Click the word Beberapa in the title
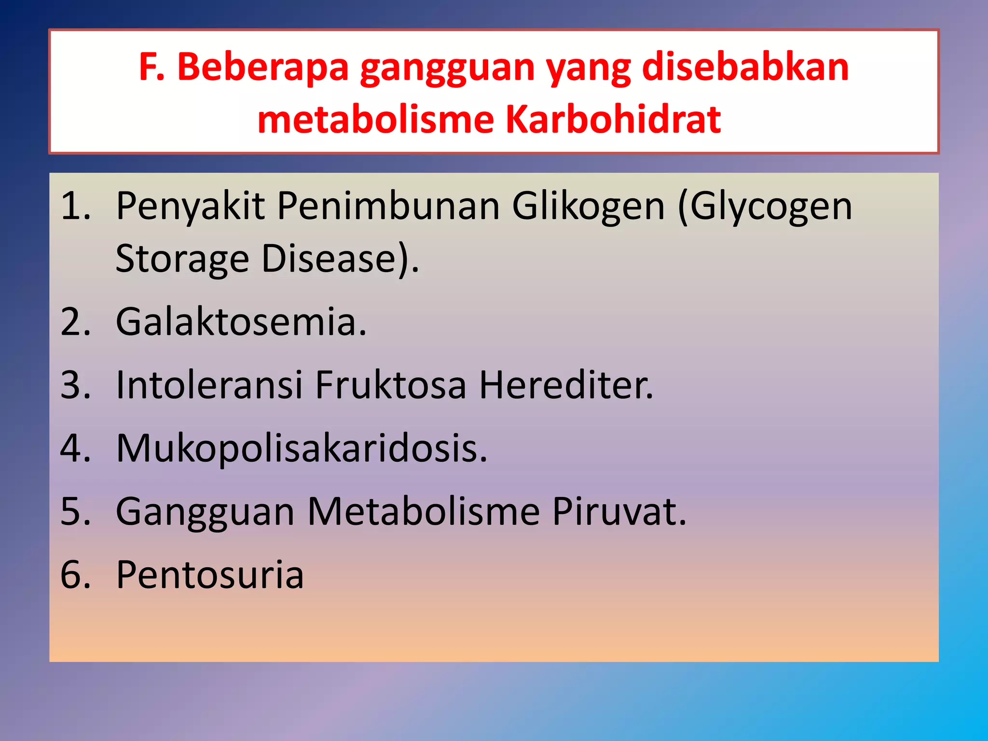tap(263, 67)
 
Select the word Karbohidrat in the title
tap(613, 120)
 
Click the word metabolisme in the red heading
tap(376, 120)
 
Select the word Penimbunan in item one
tap(388, 206)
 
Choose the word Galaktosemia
tap(241, 322)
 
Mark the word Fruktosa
tap(391, 385)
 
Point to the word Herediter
tap(566, 385)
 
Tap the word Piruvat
tap(619, 511)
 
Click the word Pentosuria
tap(210, 575)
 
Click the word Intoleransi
tap(209, 385)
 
